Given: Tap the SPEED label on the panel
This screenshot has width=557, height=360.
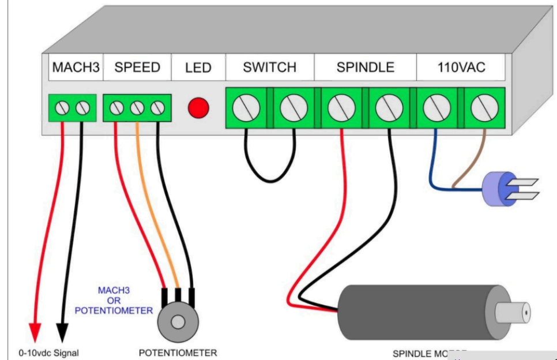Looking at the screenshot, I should click(x=137, y=67).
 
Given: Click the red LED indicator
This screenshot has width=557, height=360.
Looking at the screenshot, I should click(x=199, y=107).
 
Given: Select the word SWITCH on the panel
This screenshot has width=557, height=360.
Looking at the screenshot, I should click(x=269, y=67).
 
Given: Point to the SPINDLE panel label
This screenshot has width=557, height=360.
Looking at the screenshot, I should click(x=365, y=67).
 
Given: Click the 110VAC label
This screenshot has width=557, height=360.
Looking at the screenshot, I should click(x=461, y=67).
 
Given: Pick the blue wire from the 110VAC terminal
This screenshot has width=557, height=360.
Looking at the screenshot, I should click(x=434, y=167).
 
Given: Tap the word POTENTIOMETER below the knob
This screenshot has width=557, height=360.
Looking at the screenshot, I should click(x=178, y=352).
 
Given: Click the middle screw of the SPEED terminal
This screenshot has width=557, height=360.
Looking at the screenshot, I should click(x=137, y=107).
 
